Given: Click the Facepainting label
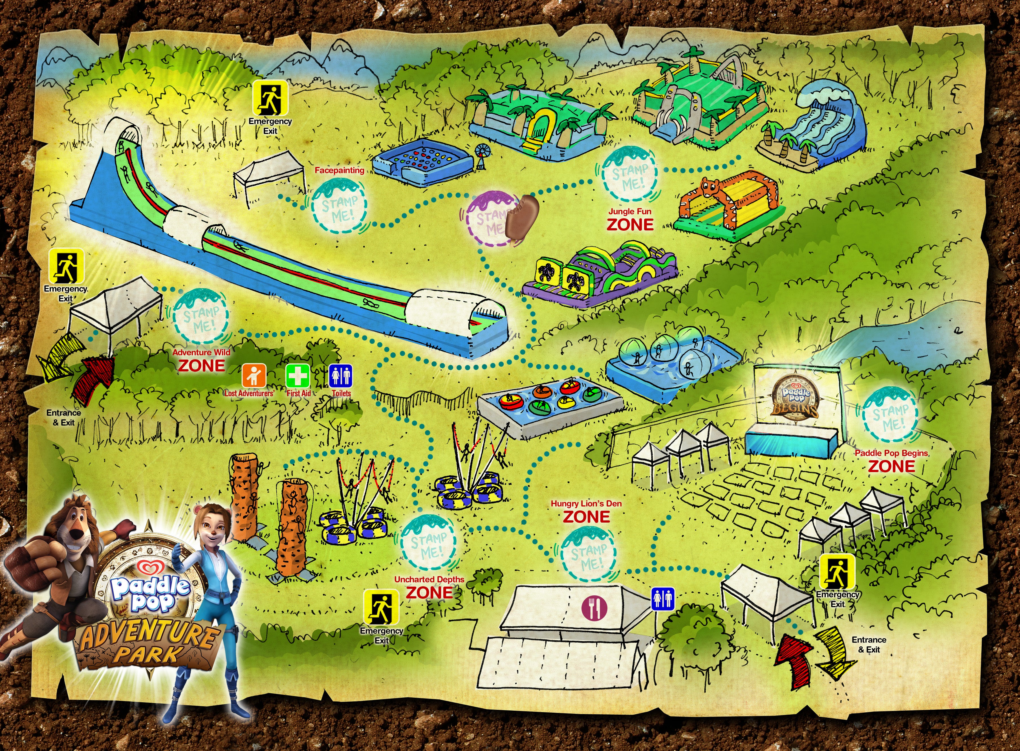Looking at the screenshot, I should pos(339,170).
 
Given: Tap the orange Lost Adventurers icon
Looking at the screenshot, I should pos(254,376).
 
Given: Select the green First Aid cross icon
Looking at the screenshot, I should pos(298,376).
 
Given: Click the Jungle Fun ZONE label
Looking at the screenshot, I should pos(630,220).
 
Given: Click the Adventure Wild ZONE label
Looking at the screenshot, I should pos(201,360).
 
